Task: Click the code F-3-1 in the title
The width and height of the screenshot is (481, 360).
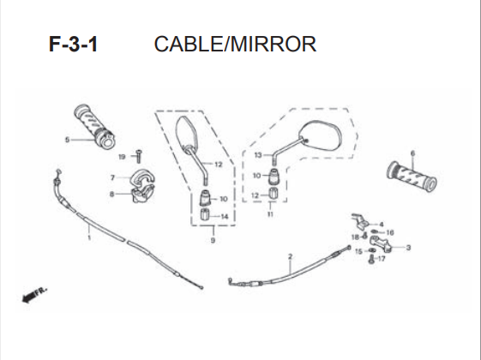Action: pos(74,45)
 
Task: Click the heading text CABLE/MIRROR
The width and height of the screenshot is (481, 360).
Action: pos(235,45)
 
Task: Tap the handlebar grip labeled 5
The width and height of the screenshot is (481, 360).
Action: pos(94,127)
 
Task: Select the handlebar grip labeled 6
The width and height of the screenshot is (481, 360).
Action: pos(412,177)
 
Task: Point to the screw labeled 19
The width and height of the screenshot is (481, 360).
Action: pos(139,156)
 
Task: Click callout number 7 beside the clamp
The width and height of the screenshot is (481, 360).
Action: pos(112,177)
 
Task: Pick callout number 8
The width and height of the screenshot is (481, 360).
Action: pos(112,194)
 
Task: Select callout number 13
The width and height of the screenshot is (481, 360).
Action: pos(258,155)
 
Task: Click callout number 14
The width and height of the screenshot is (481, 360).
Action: pos(225,217)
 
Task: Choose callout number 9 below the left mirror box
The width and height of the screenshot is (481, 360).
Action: pos(213,240)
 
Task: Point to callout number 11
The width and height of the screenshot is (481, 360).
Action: pos(270,214)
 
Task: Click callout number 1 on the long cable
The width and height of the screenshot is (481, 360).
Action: pos(89,237)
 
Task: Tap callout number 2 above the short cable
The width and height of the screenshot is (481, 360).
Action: pos(290,256)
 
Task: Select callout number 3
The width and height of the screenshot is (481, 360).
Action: pos(408,248)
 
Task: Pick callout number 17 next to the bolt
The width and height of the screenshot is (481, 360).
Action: pos(382,259)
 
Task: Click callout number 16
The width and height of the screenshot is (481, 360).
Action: pos(390,233)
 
